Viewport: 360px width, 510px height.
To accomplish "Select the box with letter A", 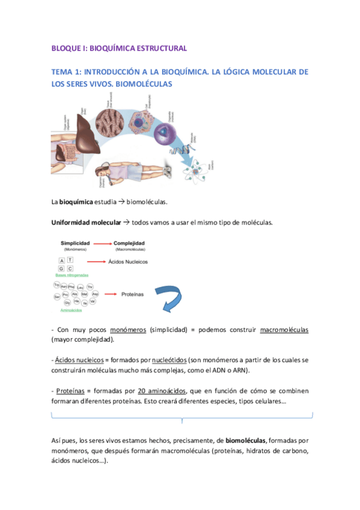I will [x=61, y=259].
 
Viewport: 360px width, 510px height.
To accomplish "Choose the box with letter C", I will [x=70, y=268].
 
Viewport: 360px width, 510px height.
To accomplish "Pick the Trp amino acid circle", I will [x=58, y=284].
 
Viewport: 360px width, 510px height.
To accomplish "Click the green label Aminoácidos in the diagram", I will [x=72, y=311].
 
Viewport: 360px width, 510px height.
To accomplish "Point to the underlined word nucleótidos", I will [x=168, y=360].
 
